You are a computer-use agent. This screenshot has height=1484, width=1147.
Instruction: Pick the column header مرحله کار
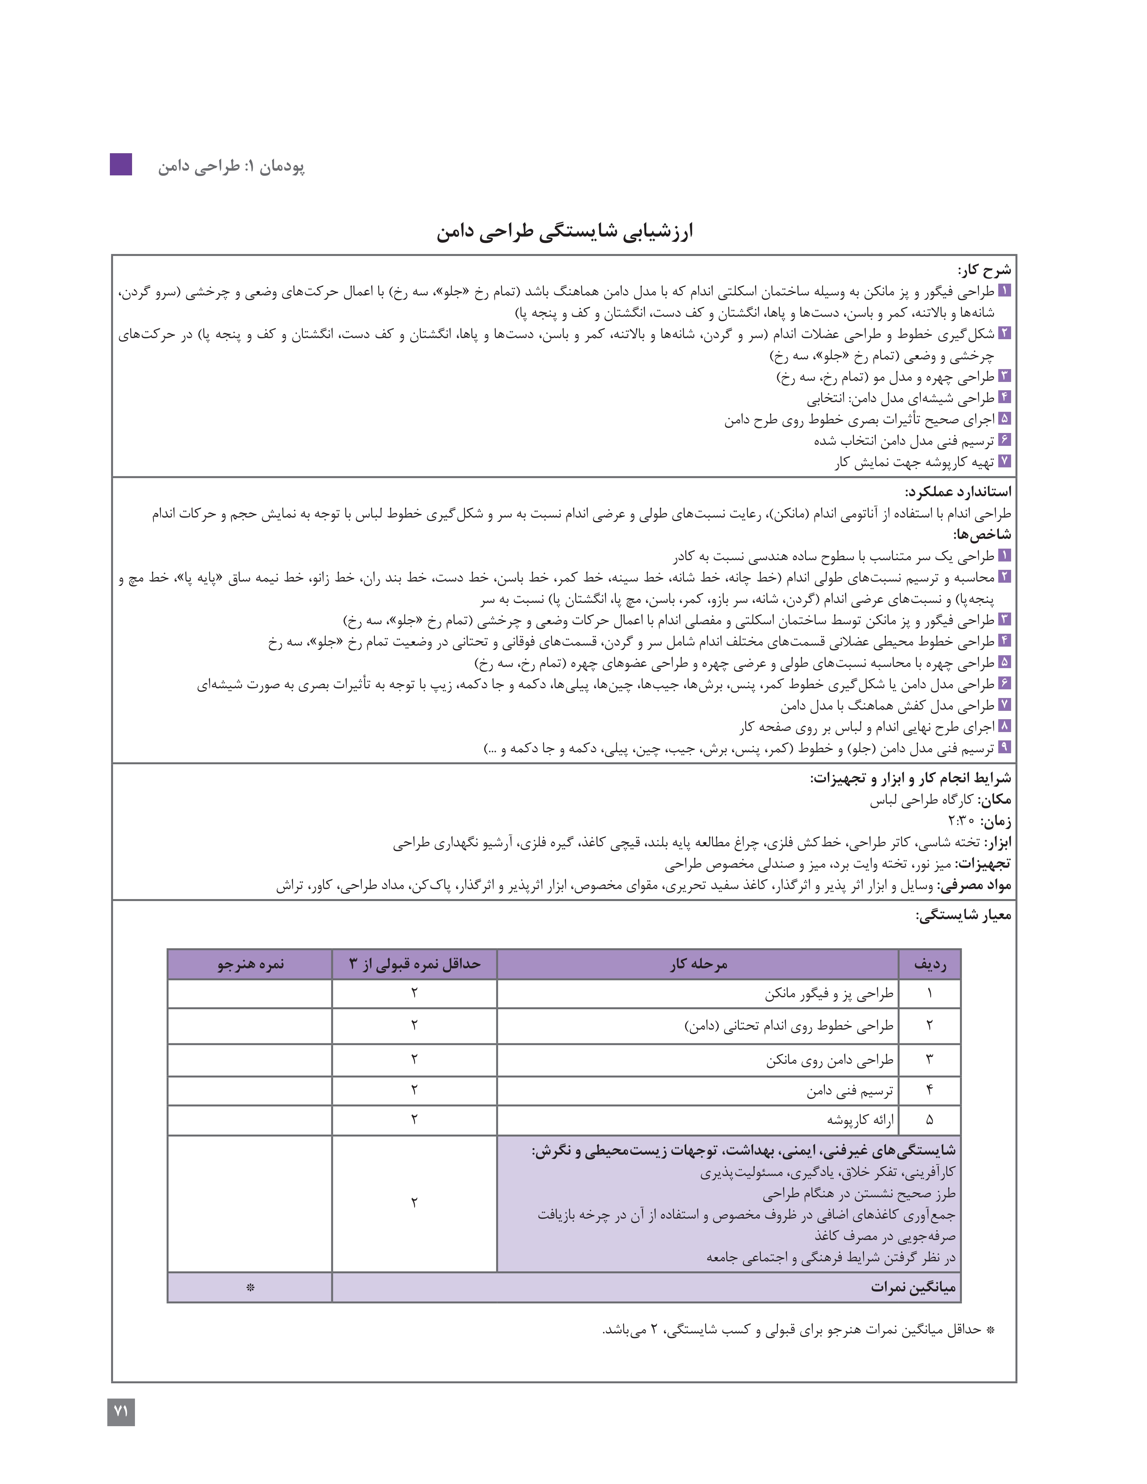click(x=698, y=964)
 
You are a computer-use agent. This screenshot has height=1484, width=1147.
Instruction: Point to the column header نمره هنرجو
click(x=250, y=964)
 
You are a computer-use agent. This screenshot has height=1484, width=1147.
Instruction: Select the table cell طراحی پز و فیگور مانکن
click(x=829, y=994)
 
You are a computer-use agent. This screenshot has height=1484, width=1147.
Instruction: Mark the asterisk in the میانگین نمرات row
click(x=250, y=1288)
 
